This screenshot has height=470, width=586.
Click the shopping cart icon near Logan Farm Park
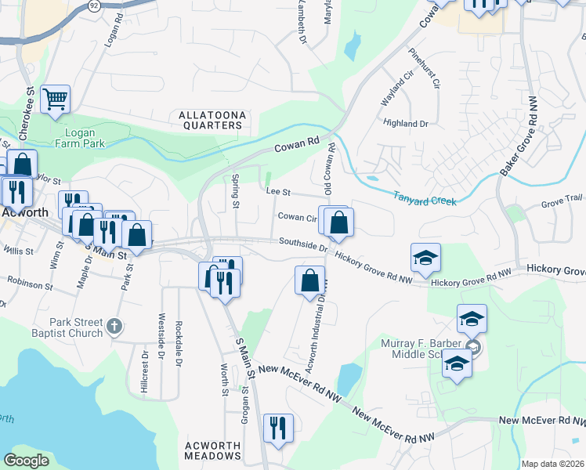coord(55,99)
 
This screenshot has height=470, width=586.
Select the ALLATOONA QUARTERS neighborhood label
coord(212,120)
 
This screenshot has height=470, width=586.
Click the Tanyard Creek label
coord(423,201)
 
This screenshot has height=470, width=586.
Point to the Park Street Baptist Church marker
coord(114,325)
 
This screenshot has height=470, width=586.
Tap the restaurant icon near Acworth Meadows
coord(278,428)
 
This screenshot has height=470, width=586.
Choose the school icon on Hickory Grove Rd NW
coord(425,258)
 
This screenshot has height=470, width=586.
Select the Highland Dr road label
coord(406,123)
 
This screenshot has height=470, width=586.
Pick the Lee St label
coord(278,191)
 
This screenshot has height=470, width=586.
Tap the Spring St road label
coord(235,192)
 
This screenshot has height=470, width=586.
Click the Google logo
coord(27,461)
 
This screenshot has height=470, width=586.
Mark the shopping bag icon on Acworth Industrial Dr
coord(309,280)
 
